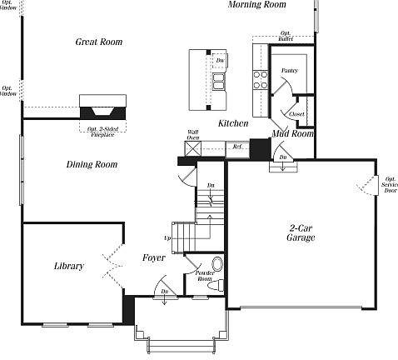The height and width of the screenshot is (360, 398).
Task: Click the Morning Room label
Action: click(x=257, y=5)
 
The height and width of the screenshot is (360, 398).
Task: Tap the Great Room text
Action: click(x=99, y=42)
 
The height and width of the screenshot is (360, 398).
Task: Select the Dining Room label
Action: click(x=92, y=165)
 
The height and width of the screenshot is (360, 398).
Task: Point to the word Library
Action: click(x=68, y=267)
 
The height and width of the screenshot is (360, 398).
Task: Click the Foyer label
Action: click(x=154, y=257)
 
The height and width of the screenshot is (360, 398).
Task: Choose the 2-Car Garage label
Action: click(x=301, y=232)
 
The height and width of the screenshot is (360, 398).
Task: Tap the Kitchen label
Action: click(x=233, y=123)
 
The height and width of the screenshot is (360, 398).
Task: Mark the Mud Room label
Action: click(x=292, y=133)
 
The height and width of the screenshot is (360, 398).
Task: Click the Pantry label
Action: click(x=290, y=71)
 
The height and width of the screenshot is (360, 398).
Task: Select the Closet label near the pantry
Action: click(x=297, y=114)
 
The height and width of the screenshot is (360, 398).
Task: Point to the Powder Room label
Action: click(x=205, y=276)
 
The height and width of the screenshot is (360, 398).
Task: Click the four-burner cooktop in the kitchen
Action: click(x=260, y=78)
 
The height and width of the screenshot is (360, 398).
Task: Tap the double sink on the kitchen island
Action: click(x=218, y=81)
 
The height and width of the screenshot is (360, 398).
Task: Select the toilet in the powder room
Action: click(x=218, y=265)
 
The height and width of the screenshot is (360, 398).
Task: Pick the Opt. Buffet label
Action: click(x=286, y=37)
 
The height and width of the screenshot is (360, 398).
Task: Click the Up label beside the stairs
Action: click(x=167, y=237)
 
